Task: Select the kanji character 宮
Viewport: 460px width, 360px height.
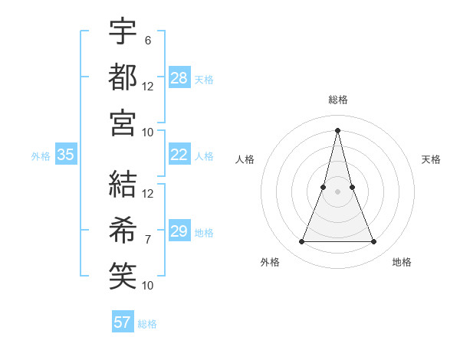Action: point(123,123)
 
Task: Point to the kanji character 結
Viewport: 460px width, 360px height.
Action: point(123,184)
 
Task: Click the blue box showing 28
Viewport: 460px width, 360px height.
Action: point(179,78)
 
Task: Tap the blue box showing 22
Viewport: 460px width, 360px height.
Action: point(179,155)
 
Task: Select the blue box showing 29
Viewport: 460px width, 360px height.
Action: point(179,231)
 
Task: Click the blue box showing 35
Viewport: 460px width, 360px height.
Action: point(66,155)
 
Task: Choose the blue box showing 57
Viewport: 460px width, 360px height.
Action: point(123,322)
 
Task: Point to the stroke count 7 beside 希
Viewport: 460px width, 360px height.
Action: point(147,239)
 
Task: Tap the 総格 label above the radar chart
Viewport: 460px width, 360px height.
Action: point(338,100)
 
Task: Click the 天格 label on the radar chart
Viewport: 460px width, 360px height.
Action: point(432,159)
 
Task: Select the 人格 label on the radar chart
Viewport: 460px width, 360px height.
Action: point(245,159)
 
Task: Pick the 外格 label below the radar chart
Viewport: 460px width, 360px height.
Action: point(270,262)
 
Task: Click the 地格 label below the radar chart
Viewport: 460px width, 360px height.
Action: point(402,262)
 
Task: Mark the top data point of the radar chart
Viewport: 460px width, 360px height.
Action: point(338,129)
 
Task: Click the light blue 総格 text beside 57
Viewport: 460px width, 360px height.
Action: point(147,324)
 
